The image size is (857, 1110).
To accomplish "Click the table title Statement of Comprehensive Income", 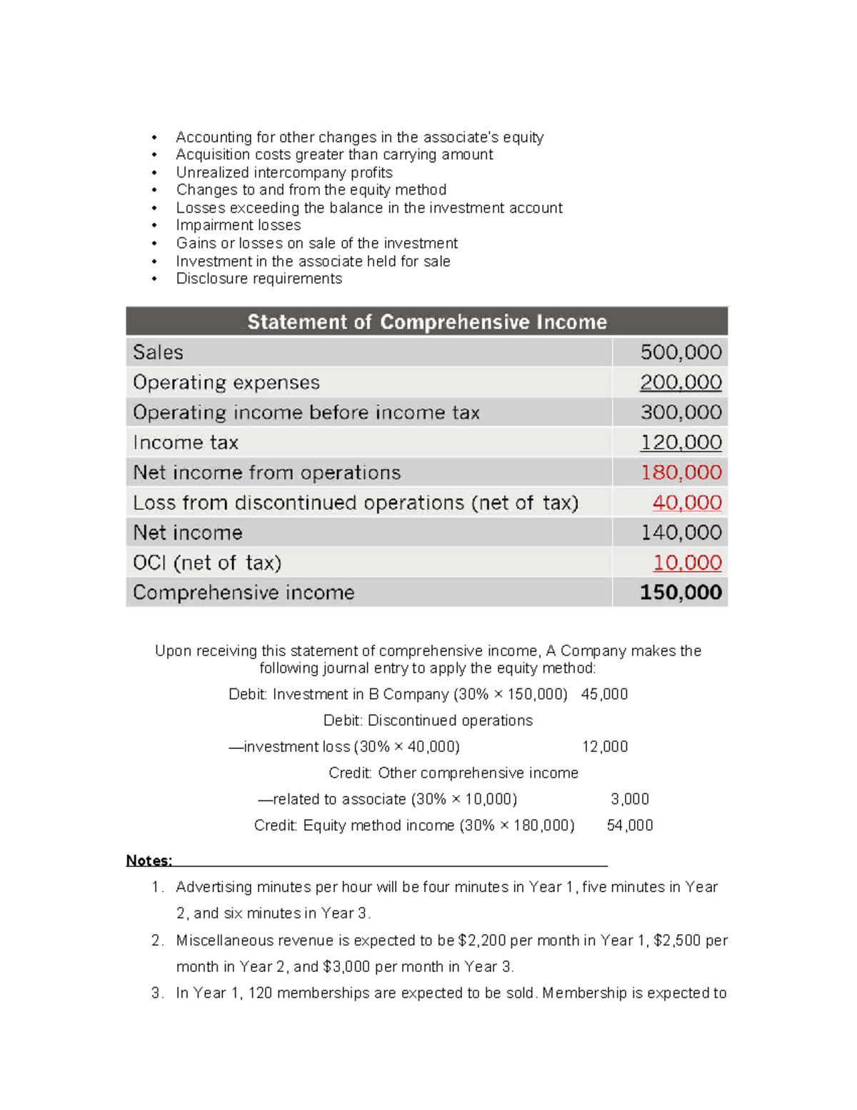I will click(427, 322).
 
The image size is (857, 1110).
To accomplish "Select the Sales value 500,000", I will click(681, 352).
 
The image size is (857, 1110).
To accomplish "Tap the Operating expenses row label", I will click(226, 382).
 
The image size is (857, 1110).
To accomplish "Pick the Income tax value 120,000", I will click(681, 442).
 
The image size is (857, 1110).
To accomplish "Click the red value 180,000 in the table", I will click(681, 472).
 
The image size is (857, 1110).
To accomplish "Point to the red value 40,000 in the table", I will click(686, 502).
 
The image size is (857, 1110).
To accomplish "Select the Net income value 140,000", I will click(681, 532).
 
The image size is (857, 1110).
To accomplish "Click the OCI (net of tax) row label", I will click(207, 563).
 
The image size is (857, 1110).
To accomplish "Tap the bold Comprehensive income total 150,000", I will click(681, 593).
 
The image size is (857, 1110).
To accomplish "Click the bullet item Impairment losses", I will click(239, 225).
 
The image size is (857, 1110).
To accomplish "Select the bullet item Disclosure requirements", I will click(259, 279).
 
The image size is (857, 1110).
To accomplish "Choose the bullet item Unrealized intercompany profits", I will click(284, 172).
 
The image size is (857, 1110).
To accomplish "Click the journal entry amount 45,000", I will click(604, 694).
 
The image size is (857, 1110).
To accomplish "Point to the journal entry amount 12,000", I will click(605, 747).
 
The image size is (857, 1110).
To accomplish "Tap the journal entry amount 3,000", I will click(630, 799).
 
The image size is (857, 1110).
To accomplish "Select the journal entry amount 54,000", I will click(630, 826).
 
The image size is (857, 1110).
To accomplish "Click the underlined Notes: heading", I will click(149, 861).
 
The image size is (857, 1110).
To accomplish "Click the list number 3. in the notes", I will click(158, 993).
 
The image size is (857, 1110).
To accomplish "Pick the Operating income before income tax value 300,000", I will click(681, 412).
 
